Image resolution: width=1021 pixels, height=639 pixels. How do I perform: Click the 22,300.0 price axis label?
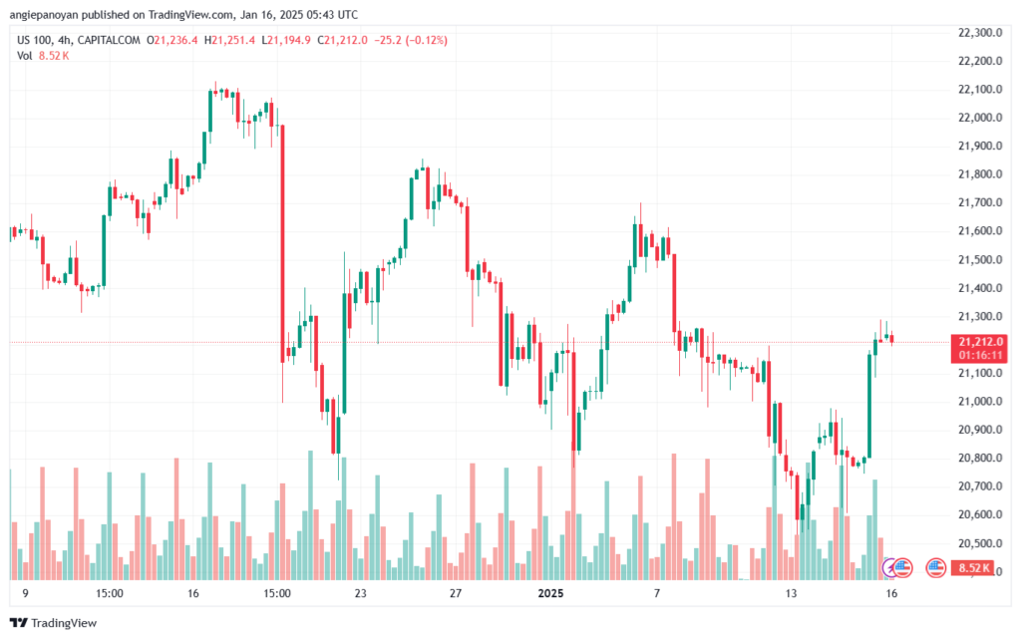(980, 33)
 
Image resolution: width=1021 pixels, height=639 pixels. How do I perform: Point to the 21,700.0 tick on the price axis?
(980, 202)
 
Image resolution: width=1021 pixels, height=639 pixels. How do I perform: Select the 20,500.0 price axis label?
(980, 542)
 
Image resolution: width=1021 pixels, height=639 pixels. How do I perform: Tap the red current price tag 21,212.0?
(981, 342)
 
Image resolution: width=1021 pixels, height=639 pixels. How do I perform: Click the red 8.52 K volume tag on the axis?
(974, 568)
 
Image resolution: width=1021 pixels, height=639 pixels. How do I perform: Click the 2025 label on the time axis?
(550, 593)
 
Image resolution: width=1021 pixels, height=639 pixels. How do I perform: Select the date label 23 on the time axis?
(360, 593)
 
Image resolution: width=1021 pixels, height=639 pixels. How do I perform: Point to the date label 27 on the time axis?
(455, 593)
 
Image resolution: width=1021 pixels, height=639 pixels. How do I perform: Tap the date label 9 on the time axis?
(25, 593)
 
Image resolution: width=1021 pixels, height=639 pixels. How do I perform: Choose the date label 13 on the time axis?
(791, 593)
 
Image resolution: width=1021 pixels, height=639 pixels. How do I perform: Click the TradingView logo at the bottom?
(54, 623)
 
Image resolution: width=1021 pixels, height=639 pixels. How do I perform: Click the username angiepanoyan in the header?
(44, 14)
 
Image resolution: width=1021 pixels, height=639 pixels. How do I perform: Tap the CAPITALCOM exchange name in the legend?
(109, 40)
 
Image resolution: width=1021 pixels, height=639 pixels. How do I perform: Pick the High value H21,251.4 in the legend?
(230, 40)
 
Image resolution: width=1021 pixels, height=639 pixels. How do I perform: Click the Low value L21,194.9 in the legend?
(286, 40)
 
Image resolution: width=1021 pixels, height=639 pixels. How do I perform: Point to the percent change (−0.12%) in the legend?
(427, 40)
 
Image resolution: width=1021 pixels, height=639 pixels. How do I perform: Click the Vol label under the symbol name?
(25, 56)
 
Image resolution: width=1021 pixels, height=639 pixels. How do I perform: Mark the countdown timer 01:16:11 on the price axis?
(980, 355)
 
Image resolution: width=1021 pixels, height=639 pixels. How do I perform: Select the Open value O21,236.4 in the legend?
(171, 40)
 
